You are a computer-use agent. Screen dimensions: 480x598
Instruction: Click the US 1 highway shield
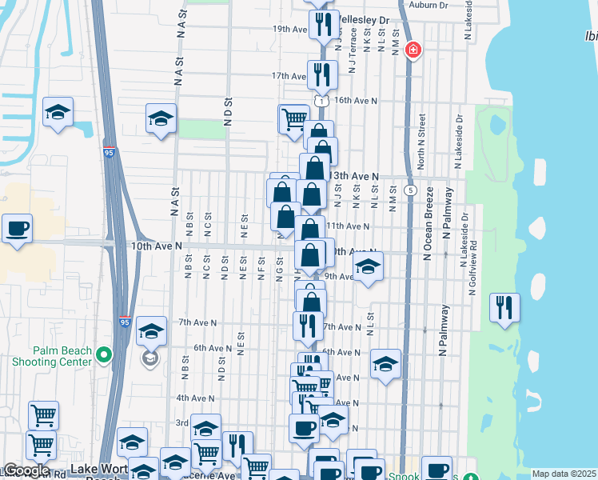[320, 101]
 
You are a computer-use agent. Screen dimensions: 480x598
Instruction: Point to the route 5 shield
[410, 190]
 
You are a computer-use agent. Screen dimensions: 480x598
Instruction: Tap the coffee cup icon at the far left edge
[17, 230]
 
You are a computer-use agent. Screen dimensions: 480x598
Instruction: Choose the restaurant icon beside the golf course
[504, 308]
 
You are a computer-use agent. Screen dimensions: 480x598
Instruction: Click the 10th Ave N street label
[153, 247]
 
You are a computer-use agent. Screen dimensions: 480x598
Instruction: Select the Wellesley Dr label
[362, 19]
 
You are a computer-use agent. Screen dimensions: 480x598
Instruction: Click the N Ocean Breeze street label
[429, 224]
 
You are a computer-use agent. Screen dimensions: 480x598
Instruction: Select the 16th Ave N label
[354, 101]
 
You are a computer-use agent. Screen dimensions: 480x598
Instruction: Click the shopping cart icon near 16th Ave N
[293, 119]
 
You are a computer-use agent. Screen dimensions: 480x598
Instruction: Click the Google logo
[27, 471]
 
